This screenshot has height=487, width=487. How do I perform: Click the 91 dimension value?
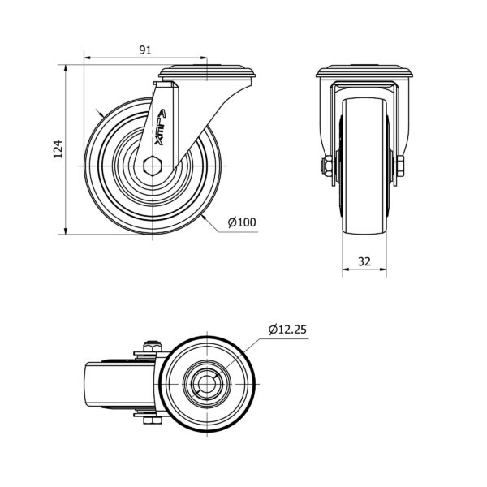(x=145, y=50)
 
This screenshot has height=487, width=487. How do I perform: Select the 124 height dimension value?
(x=58, y=149)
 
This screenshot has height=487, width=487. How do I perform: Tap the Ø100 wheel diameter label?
(x=242, y=222)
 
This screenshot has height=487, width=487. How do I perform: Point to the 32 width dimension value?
(x=364, y=262)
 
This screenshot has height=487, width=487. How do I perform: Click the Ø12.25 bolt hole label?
(x=287, y=330)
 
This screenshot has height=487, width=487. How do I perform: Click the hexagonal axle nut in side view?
(x=153, y=166)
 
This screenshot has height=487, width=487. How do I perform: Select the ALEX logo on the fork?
(x=160, y=127)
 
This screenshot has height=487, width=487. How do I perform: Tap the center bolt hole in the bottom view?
(x=207, y=384)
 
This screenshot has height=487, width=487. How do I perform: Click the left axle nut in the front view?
(x=327, y=166)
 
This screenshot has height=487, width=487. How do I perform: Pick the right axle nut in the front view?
(x=399, y=166)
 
